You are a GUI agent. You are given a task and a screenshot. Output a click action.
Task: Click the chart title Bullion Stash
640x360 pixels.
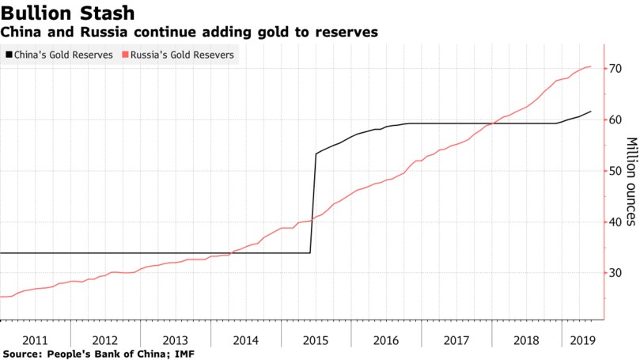click(67, 13)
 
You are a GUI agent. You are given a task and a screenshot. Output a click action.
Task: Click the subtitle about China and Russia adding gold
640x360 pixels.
click(189, 32)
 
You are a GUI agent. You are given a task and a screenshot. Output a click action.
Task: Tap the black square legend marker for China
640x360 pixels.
click(9, 55)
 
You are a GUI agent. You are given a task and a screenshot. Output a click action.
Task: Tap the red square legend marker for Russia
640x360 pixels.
click(125, 55)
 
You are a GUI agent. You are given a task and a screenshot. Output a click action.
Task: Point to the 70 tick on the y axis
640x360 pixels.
click(615, 69)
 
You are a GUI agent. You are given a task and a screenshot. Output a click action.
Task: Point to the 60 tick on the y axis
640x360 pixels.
click(615, 120)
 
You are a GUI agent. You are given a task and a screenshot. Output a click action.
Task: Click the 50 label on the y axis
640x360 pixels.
click(615, 171)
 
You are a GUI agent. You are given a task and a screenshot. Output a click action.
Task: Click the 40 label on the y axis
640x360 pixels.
click(615, 222)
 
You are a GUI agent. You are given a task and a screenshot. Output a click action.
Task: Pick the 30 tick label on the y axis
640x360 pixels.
click(615, 273)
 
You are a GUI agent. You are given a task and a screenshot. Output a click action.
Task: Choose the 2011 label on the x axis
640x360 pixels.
click(35, 340)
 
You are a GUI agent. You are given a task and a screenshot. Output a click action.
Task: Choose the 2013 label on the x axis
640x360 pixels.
click(175, 340)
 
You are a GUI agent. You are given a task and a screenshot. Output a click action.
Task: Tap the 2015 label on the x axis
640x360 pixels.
click(316, 340)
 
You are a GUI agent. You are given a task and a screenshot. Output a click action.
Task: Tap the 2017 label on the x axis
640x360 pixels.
click(456, 340)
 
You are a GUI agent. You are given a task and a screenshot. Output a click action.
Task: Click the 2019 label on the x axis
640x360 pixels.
click(582, 340)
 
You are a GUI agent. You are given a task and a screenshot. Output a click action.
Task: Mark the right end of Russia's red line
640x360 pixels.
click(590, 66)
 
